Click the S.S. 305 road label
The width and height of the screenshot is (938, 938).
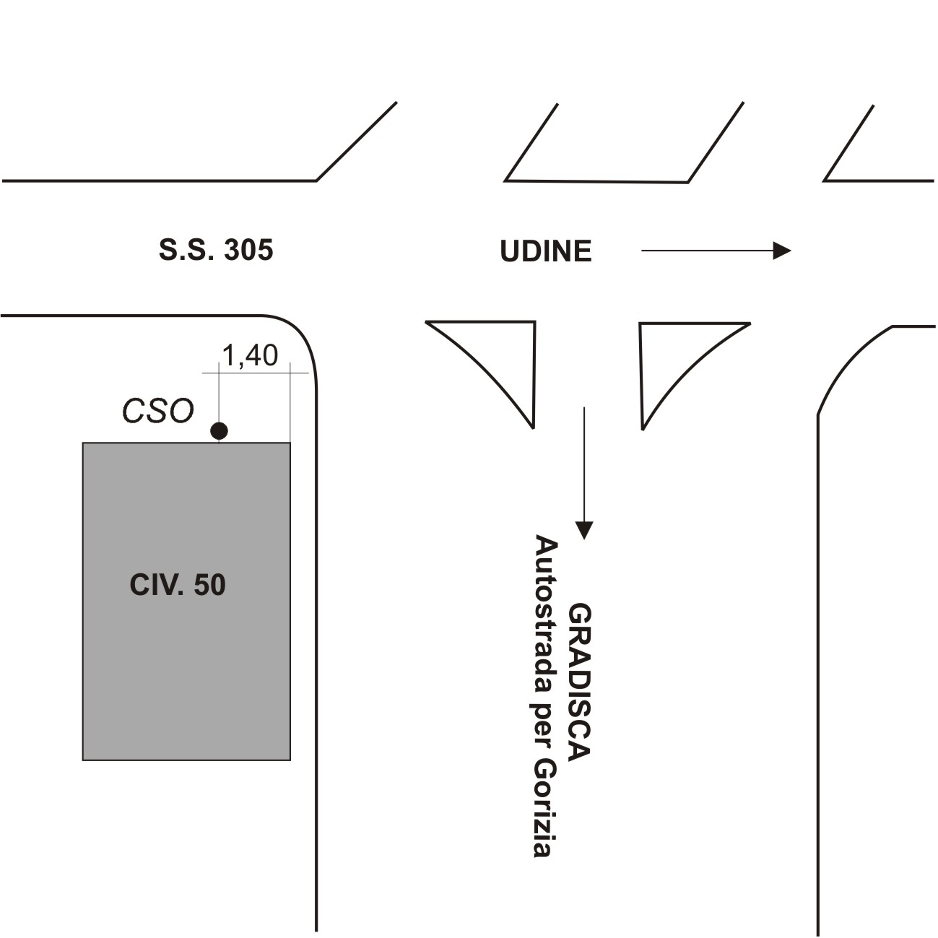point(216,251)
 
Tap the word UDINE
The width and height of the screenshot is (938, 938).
point(546,251)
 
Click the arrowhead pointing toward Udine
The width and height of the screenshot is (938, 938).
point(783,251)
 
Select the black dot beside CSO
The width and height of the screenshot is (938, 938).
point(219,431)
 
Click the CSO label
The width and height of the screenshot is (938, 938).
point(158,411)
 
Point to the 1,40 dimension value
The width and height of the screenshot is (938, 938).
point(249,355)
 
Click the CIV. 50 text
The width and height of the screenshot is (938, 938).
point(178,585)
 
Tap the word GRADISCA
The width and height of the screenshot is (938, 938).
point(580,682)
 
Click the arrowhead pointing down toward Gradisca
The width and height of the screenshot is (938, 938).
point(583,531)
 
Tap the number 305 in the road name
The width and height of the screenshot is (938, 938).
point(249,251)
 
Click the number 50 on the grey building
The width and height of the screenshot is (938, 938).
point(209,585)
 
